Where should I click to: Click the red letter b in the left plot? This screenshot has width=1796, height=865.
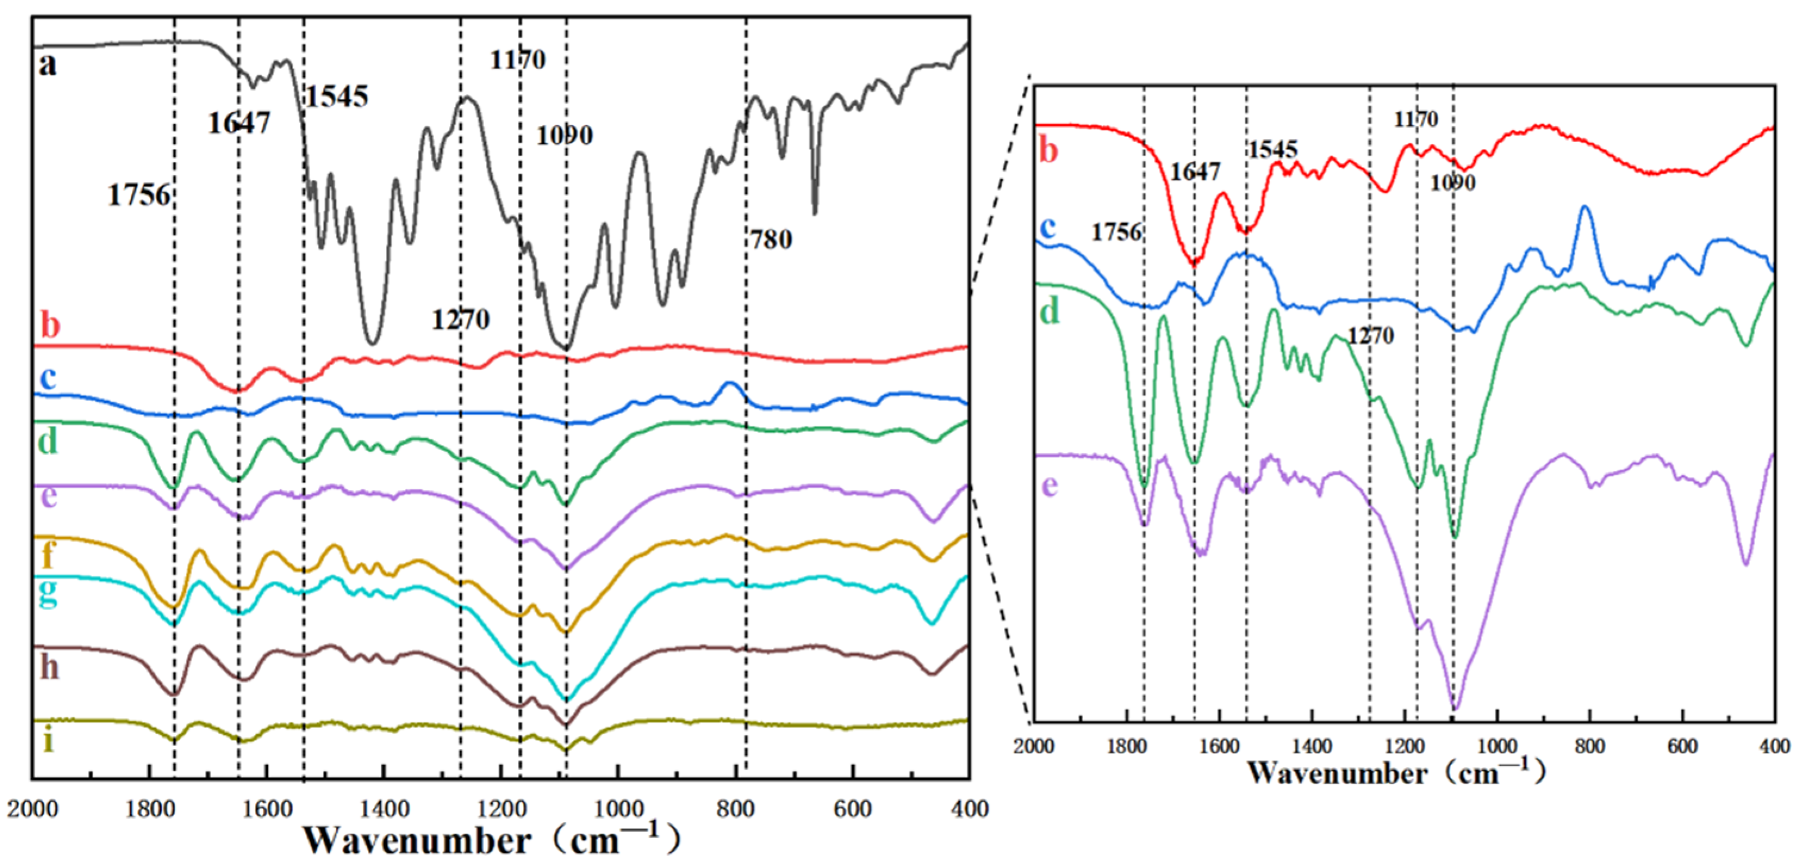coord(50,326)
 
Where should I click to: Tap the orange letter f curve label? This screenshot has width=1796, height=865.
coord(48,555)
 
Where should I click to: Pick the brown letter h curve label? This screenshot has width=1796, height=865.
coord(49,668)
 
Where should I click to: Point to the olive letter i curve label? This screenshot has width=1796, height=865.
coord(48,741)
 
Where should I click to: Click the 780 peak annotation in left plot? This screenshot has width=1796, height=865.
coord(771,240)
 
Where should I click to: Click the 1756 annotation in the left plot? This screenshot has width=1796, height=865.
coord(139,195)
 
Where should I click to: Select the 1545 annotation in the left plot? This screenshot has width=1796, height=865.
coord(337,97)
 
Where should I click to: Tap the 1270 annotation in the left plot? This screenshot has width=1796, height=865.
coord(460,319)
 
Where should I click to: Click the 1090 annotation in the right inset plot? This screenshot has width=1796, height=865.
coord(1453,183)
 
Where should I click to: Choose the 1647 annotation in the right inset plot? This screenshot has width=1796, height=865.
coord(1195,172)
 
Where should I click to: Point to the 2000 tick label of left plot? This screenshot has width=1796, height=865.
coord(33,809)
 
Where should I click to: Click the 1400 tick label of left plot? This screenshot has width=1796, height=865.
coord(384,809)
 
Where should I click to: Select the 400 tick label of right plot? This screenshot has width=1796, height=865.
coord(1775,747)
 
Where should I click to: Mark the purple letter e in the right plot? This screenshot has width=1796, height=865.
coord(1050,485)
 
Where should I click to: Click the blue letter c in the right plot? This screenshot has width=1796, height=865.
coord(1048,227)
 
